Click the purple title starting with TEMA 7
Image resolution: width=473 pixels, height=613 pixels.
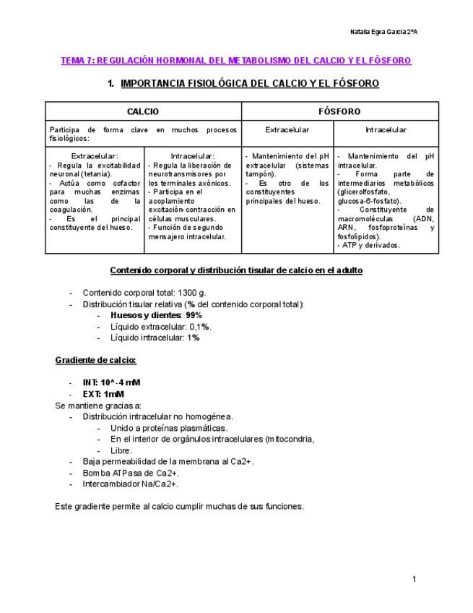[235, 61]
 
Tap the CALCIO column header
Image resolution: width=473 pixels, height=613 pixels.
[143, 111]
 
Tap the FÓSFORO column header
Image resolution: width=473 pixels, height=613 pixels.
[339, 111]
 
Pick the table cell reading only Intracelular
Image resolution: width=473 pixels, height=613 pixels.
[386, 130]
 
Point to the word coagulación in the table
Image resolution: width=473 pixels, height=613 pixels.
[70, 210]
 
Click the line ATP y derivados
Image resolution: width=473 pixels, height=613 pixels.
[369, 245]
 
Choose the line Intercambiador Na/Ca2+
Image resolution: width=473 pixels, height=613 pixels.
[130, 484]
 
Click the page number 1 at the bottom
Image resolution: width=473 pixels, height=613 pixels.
[415, 579]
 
